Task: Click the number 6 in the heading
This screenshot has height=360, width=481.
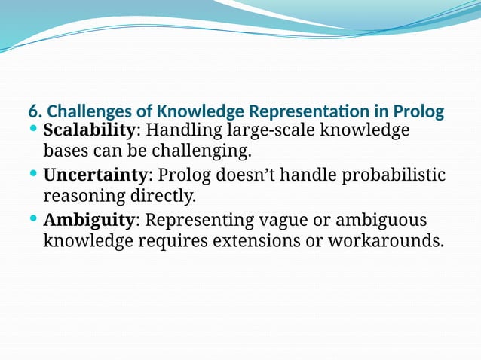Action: pos(32,111)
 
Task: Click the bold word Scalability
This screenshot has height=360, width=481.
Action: pos(89,130)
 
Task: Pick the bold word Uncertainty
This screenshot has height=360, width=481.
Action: pos(95,175)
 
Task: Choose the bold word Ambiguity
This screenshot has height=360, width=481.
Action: pos(88,221)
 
